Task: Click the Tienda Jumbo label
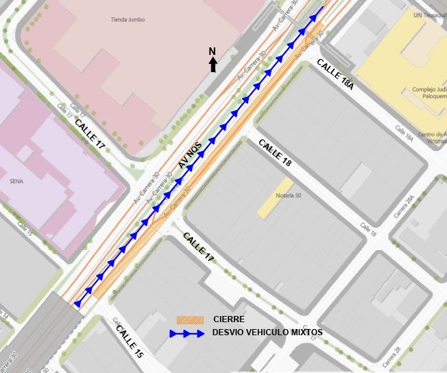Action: pos(127,20)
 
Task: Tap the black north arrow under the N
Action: pos(213,65)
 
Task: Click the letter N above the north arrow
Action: pos(213,52)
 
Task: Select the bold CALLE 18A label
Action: pos(335,74)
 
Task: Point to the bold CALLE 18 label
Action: pos(275,153)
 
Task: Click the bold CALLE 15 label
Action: pos(129,341)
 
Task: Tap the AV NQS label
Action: pos(192,152)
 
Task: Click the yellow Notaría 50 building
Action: pos(275,199)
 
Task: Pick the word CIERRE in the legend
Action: pos(229,319)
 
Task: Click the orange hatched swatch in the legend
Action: pos(190,320)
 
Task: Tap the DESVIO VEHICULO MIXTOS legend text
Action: pos(267,332)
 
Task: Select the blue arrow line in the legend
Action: pos(187,333)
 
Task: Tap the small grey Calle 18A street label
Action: pos(404,133)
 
